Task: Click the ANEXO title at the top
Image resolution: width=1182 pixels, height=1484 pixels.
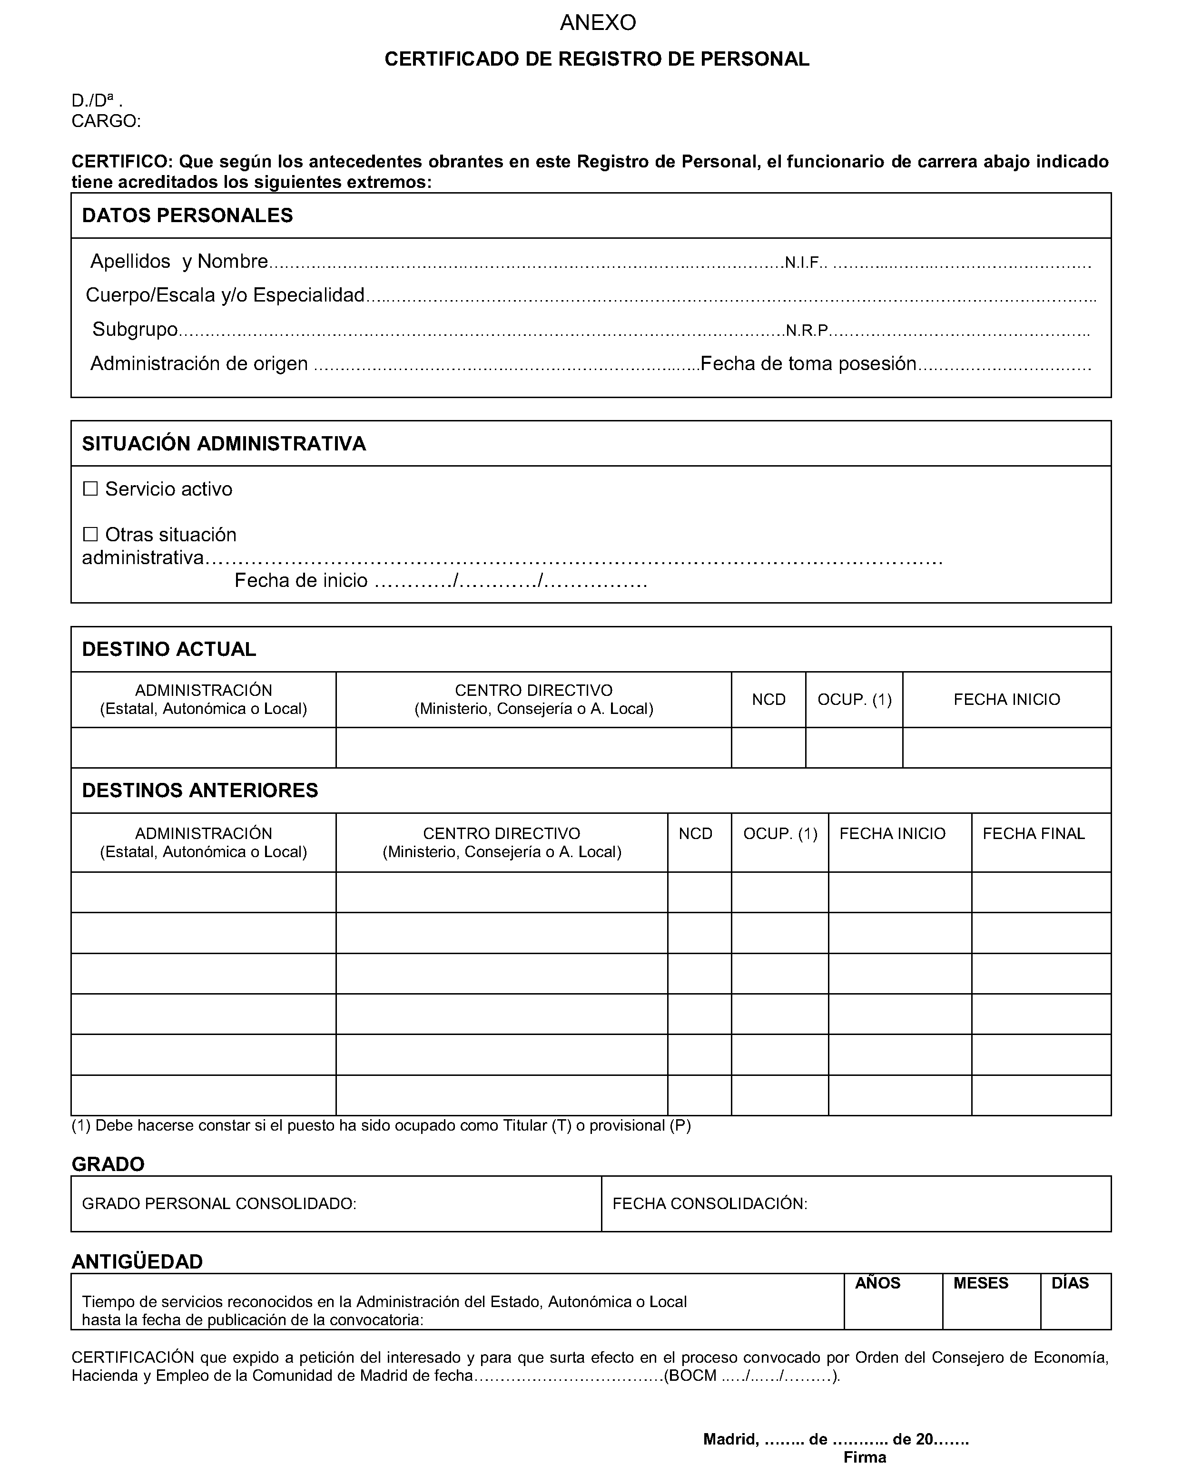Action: (x=598, y=23)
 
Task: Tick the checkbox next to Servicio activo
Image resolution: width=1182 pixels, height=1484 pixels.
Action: (x=90, y=488)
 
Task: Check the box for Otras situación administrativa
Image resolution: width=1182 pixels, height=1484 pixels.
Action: (x=90, y=534)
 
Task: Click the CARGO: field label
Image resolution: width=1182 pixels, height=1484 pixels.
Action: (x=106, y=122)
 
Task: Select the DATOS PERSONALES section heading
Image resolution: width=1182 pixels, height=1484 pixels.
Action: (x=187, y=215)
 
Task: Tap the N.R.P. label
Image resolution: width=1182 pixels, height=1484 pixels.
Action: (x=807, y=331)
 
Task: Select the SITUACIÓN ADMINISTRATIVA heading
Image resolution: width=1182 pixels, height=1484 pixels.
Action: (x=224, y=444)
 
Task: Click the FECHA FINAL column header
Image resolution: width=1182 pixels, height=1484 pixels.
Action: (x=1034, y=833)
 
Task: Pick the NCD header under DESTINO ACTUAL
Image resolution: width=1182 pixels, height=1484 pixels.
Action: (x=768, y=699)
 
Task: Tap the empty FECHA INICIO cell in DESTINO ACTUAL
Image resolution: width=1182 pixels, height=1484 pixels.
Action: (x=1006, y=748)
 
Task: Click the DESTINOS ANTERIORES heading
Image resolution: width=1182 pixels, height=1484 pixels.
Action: (x=200, y=790)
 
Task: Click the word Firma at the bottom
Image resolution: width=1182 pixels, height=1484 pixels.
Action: (x=865, y=1457)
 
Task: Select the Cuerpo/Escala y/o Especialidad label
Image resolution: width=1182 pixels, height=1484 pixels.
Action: (x=225, y=295)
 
